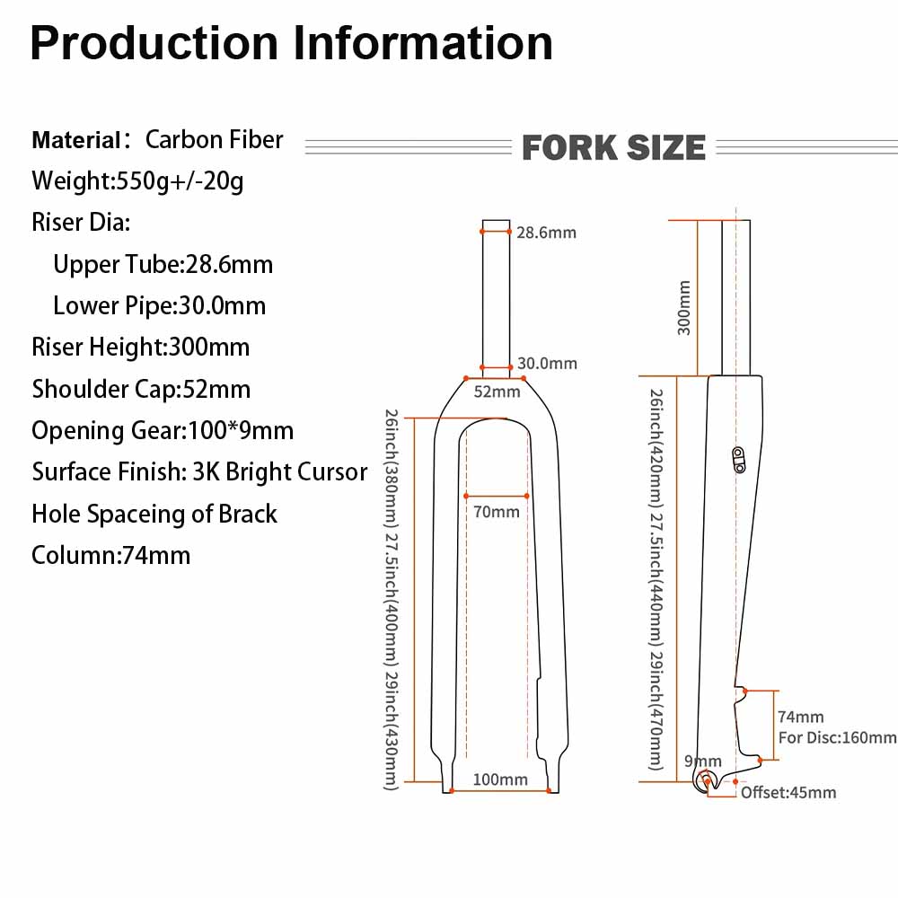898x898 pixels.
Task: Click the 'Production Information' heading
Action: (x=291, y=43)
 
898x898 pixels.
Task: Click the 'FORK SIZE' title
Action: (x=613, y=147)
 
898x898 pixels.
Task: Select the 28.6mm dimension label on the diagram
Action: (x=546, y=233)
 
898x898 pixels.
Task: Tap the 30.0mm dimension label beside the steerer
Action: (x=547, y=364)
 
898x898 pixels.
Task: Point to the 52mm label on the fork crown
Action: (x=497, y=392)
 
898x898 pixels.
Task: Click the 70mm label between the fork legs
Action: (x=497, y=512)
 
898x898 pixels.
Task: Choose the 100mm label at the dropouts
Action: (x=500, y=779)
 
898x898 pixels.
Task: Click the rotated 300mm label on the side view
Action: (x=684, y=308)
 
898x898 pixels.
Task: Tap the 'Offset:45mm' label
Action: (x=788, y=792)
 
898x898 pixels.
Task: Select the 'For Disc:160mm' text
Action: (x=837, y=738)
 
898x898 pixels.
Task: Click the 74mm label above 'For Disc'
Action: (x=800, y=718)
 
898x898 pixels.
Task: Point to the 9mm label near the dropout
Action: (x=702, y=762)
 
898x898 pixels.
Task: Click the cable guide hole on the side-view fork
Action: (x=738, y=459)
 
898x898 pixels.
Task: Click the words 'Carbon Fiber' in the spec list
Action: (x=214, y=139)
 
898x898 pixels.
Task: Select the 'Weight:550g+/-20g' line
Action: (x=137, y=180)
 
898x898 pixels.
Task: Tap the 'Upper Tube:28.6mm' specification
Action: (x=163, y=264)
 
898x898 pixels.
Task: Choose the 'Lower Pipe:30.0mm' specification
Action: (x=159, y=305)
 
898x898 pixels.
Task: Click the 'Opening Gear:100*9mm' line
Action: (x=163, y=430)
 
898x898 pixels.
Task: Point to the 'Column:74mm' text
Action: (x=110, y=555)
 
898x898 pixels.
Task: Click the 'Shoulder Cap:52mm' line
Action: (x=141, y=389)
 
